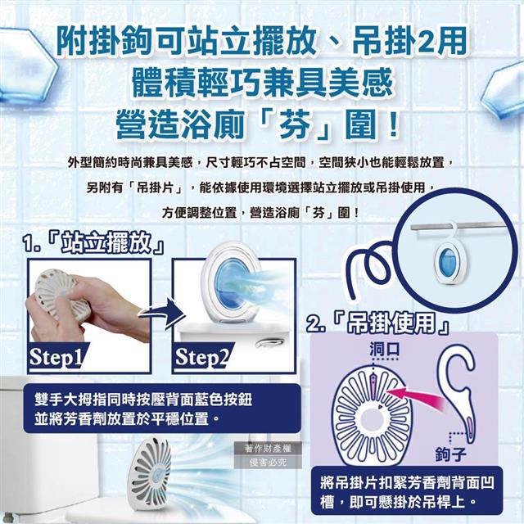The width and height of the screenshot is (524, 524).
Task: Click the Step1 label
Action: click(56, 357)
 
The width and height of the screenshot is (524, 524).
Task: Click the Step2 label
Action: click(202, 357)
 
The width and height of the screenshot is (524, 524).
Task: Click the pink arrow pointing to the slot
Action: click(414, 398)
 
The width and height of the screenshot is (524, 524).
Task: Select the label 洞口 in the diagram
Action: click(384, 350)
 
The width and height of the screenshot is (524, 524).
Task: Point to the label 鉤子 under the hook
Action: click(451, 454)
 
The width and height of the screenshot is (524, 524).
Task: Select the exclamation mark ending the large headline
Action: click(394, 124)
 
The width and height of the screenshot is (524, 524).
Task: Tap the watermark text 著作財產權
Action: click(268, 449)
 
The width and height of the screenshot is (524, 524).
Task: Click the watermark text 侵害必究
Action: click(268, 463)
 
